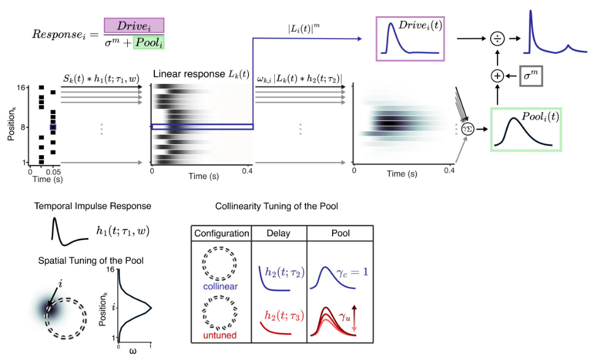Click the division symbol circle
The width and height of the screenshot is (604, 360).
point(496,39)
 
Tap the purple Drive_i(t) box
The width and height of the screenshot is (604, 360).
point(410,39)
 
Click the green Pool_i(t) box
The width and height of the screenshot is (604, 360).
point(525,128)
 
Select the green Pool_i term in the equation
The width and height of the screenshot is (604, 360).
point(149,43)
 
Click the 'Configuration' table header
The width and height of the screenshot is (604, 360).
point(222,233)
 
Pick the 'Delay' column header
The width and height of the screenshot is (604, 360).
point(278,233)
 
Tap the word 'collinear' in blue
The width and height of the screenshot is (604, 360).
point(221,286)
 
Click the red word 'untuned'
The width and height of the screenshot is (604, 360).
point(221,336)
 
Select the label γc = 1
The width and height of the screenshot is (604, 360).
point(353,270)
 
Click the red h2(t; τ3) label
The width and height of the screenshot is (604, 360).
point(283,315)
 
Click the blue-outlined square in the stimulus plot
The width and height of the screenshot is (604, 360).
point(53,127)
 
